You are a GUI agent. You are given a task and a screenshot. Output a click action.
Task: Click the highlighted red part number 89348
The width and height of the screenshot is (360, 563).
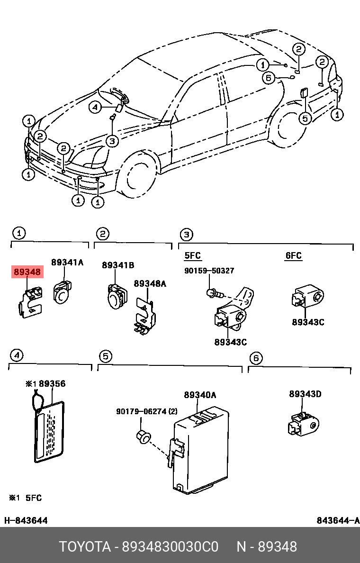(27, 272)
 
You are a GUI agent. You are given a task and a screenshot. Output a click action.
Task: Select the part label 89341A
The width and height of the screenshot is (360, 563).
(67, 263)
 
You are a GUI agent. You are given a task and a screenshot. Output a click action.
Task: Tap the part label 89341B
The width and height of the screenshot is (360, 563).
(118, 265)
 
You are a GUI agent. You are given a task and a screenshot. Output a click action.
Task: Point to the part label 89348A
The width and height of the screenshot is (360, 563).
(150, 283)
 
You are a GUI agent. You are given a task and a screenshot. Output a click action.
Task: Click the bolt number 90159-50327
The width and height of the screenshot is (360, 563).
(209, 271)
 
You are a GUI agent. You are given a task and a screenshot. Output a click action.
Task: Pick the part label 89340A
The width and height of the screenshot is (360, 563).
(200, 395)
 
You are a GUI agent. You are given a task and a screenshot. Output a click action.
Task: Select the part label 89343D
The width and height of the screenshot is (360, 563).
(305, 394)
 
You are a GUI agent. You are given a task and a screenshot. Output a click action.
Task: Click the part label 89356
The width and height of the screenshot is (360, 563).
(52, 384)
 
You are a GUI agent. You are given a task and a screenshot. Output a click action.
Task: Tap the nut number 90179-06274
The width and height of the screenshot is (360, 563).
(142, 411)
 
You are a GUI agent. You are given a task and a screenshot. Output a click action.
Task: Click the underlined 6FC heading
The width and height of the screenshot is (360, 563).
(293, 256)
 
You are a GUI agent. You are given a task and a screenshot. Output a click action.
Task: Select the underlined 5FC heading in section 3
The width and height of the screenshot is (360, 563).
(192, 256)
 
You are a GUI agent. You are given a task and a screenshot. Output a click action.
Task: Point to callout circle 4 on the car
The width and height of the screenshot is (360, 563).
(95, 108)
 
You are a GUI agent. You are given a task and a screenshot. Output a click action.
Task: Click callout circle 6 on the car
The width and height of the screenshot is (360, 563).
(269, 78)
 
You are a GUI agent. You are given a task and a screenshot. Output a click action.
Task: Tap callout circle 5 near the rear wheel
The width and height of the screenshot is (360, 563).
(306, 118)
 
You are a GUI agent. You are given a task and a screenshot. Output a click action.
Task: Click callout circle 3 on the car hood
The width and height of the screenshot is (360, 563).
(111, 141)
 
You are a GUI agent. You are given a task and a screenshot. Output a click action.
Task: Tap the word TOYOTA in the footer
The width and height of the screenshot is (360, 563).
(84, 547)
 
